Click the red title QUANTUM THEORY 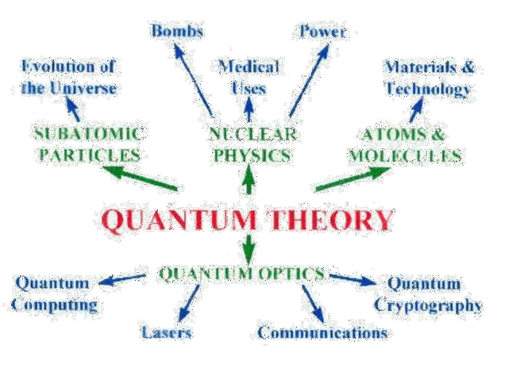click(248, 220)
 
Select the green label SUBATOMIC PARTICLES click(88, 144)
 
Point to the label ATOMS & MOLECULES click(405, 144)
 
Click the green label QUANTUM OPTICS click(242, 274)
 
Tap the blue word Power click(322, 31)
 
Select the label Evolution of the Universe click(69, 76)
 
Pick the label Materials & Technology click(429, 77)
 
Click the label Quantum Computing click(56, 293)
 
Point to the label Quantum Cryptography click(428, 293)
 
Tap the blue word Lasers click(167, 332)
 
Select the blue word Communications click(322, 332)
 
